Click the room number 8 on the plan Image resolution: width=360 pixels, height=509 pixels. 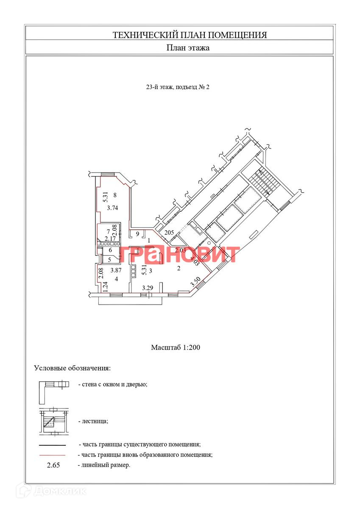115,195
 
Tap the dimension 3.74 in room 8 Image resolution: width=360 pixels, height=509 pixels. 112,208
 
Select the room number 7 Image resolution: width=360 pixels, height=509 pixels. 108,232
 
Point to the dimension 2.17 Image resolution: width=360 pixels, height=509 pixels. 110,239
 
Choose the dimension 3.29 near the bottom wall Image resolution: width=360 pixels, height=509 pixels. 148,288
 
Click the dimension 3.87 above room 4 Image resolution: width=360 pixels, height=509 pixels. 116,270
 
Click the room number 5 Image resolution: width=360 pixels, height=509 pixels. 109,260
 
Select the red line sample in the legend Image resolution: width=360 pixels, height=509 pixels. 52,455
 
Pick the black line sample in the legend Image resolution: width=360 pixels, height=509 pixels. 52,445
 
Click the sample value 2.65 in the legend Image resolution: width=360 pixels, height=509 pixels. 53,465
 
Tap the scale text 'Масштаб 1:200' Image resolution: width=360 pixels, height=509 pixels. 175,347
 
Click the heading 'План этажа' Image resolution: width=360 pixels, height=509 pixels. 187,48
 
